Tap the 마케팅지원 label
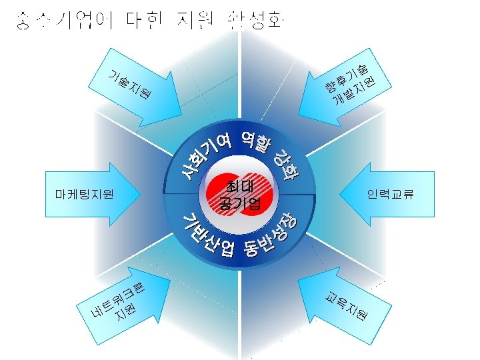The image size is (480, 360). [x=85, y=195]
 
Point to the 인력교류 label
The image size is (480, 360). [x=391, y=195]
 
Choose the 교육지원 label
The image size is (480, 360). [x=346, y=304]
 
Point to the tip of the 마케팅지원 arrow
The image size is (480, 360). [x=142, y=195]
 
